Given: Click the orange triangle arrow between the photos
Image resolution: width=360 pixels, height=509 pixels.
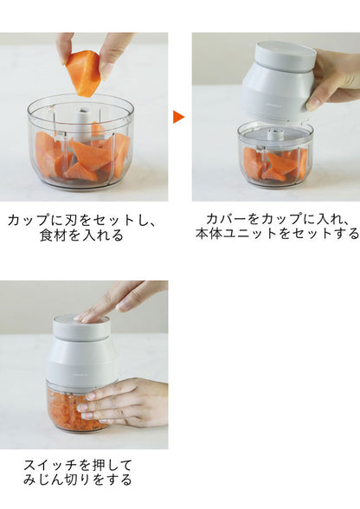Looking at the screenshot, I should click(x=178, y=116).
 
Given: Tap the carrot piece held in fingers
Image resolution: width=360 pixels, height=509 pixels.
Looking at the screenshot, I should click(x=85, y=73).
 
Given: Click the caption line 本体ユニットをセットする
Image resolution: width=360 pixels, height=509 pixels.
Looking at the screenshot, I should click(x=276, y=234).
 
